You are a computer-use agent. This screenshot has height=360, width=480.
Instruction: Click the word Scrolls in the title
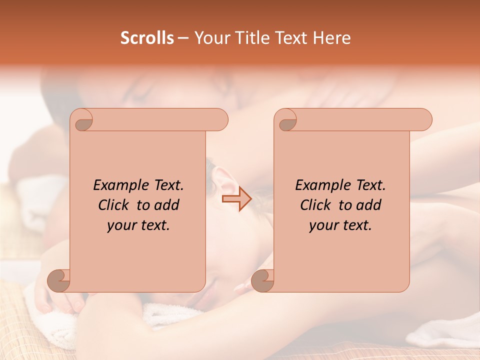(147, 38)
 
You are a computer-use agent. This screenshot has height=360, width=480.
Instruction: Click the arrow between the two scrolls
(236, 199)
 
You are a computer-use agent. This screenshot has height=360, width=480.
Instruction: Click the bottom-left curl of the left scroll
(59, 280)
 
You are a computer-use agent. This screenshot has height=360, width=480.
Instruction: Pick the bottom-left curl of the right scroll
(263, 280)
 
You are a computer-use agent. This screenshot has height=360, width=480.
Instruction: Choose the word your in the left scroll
(120, 225)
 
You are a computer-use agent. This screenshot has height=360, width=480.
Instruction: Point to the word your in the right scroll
(322, 225)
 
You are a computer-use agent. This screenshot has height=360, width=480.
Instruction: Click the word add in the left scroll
(166, 205)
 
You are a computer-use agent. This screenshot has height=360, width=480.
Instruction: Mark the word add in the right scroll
(368, 205)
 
